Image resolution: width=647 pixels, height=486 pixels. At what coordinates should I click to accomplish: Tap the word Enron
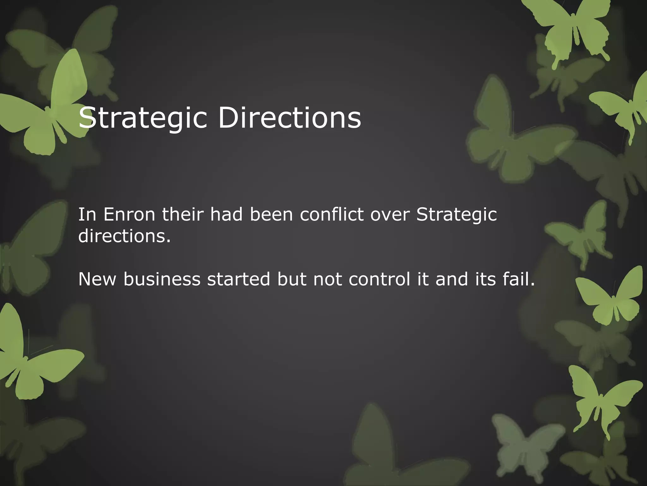point(129,215)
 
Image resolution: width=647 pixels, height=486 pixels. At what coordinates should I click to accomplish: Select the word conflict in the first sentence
point(332,215)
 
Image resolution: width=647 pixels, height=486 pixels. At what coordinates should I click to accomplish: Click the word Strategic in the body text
point(457,215)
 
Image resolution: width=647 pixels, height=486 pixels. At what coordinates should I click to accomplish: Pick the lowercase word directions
point(124,236)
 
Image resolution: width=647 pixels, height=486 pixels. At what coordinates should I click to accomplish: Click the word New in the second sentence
point(97,279)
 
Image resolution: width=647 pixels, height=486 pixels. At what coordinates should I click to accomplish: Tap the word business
point(162,279)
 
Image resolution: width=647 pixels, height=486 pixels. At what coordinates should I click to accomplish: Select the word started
point(239,279)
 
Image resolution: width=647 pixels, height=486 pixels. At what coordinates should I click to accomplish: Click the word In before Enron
point(87,215)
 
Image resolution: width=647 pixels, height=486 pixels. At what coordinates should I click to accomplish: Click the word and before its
point(452,279)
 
